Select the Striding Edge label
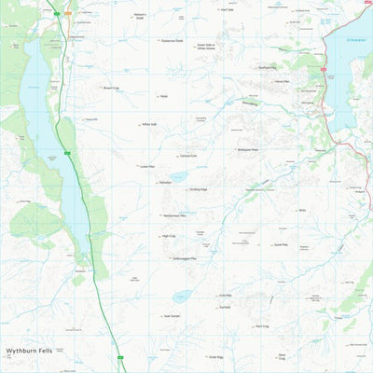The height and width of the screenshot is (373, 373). point(199,189)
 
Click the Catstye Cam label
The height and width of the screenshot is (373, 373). point(188,156)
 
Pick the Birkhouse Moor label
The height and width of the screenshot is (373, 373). point(248,149)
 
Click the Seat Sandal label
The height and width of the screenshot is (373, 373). point(172,315)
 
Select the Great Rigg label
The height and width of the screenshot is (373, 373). point(215,355)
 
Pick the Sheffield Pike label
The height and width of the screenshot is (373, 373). point(266,68)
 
